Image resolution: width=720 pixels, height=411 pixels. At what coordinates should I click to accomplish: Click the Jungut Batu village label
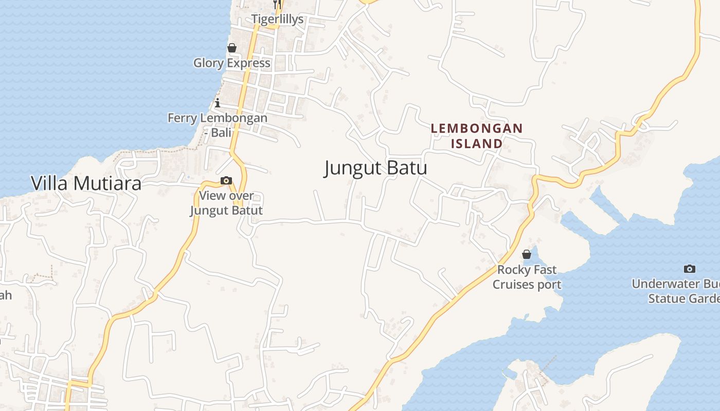click(375, 168)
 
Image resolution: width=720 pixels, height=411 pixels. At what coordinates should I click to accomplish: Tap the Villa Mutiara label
click(86, 183)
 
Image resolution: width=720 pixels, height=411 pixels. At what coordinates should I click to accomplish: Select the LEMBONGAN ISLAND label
click(477, 136)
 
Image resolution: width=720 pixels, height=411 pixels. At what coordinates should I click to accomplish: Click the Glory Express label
click(231, 63)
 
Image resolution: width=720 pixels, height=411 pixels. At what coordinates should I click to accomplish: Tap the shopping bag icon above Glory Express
click(232, 48)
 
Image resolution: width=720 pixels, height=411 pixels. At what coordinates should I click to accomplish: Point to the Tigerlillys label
click(277, 20)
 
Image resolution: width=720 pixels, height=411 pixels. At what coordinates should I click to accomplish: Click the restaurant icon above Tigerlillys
click(276, 5)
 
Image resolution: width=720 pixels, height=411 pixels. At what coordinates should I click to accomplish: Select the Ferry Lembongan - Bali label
click(218, 125)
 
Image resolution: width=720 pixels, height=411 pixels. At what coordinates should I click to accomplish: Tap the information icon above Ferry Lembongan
click(218, 103)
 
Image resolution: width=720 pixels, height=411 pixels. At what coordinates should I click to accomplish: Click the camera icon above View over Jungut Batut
click(226, 180)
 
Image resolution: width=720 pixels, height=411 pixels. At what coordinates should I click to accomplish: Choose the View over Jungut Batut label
click(226, 203)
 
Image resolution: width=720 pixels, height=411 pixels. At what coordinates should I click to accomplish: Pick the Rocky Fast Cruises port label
click(527, 277)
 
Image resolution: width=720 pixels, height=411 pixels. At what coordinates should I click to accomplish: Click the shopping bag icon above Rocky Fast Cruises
click(527, 254)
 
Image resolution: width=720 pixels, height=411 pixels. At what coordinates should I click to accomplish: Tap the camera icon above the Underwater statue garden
click(690, 269)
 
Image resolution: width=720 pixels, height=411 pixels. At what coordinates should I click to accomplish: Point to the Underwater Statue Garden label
click(676, 291)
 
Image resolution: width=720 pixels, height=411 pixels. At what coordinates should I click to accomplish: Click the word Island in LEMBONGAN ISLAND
click(477, 143)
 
